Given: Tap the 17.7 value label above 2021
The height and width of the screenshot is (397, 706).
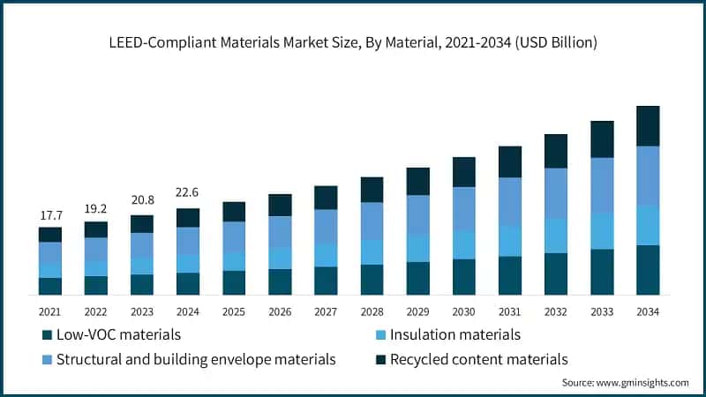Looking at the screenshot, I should [x=49, y=215].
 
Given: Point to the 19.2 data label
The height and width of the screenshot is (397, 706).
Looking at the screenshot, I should [x=95, y=209].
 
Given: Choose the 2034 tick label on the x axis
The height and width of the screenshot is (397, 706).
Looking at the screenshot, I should [x=648, y=311].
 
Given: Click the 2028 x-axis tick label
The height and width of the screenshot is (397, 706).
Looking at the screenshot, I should [x=372, y=311].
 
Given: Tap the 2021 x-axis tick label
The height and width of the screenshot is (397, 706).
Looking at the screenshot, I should [x=49, y=311].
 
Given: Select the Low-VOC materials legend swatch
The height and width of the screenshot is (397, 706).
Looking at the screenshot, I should [x=46, y=335].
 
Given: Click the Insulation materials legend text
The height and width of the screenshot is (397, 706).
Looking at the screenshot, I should [x=454, y=334].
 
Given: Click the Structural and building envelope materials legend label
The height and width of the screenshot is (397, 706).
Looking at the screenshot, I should [x=196, y=359].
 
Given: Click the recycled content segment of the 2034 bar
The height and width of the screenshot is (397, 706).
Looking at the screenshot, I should [x=648, y=125].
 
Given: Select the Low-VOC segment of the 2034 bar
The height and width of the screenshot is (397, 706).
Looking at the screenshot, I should [x=648, y=269].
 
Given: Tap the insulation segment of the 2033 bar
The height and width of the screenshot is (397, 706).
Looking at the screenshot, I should [x=602, y=230].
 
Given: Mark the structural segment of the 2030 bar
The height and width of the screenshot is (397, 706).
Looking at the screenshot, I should [x=464, y=209].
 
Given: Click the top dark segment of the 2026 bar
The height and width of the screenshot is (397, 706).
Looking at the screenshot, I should [x=280, y=205].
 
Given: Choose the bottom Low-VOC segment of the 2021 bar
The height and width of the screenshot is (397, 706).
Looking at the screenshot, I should [x=49, y=286].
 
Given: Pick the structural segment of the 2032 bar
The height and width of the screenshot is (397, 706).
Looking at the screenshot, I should [x=556, y=193].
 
